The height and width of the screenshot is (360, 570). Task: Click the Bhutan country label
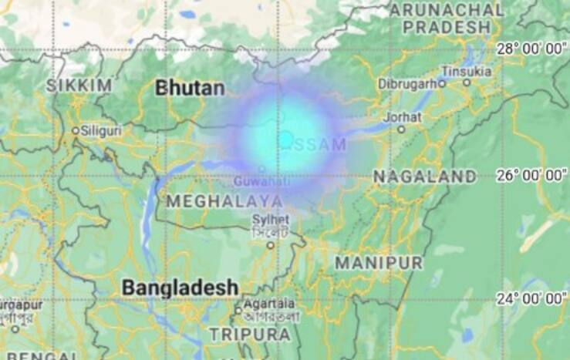[x=190, y=88]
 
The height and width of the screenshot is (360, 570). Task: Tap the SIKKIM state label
[x=79, y=85]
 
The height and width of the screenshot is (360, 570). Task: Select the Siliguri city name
[x=102, y=131]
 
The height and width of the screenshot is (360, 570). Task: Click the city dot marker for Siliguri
[x=76, y=131]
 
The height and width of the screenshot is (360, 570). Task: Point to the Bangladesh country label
[x=180, y=288]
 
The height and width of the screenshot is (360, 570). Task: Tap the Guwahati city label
[x=261, y=182]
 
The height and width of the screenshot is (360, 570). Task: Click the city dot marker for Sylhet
[x=271, y=245]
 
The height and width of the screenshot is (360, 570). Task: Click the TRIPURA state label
[x=250, y=335]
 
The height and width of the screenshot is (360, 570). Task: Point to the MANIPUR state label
[x=378, y=263]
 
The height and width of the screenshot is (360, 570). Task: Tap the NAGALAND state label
[x=425, y=177]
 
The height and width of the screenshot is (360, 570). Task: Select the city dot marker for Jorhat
[x=402, y=130]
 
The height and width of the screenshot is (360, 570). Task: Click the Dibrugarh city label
[x=406, y=83]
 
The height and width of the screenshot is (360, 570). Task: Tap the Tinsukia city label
[x=466, y=71]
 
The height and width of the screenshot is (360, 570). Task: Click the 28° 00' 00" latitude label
[x=531, y=49]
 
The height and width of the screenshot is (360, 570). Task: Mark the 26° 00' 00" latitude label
[x=531, y=175]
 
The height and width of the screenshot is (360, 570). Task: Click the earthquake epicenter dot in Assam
[x=285, y=140]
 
